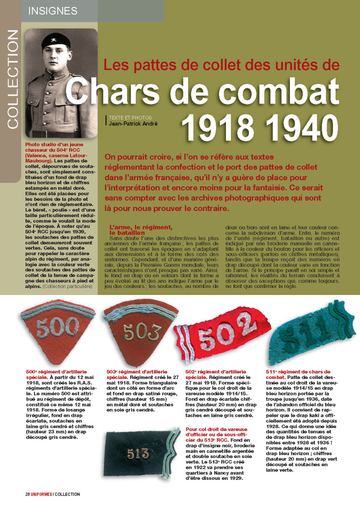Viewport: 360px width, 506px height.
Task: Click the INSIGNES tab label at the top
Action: pos(53,10)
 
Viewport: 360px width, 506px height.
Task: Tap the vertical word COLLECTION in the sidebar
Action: pos(13,79)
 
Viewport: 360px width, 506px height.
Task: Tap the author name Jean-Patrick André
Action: pos(134,123)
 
